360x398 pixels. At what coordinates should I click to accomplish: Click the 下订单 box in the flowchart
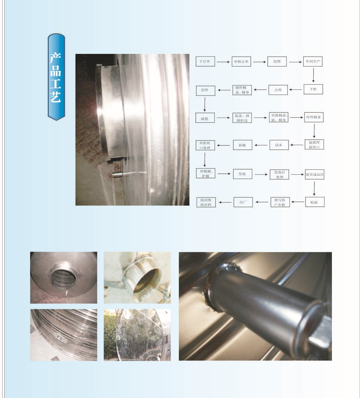pos(205,61)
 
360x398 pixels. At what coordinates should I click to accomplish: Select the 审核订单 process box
pos(241,61)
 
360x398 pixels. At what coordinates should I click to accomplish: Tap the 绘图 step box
pos(277,61)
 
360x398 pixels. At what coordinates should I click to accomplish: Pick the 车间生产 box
pos(313,61)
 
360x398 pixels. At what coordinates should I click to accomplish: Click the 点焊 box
pos(278,90)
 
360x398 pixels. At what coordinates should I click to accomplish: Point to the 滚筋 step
pos(205,118)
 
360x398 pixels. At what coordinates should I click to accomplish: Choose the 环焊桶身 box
pos(314,117)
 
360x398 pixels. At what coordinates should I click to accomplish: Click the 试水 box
pos(279,145)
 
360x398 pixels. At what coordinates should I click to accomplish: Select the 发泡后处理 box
pos(279,175)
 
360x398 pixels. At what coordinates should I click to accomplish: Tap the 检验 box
pos(315,202)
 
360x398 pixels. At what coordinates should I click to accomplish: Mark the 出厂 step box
pos(243,202)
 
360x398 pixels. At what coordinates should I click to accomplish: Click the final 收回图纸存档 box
pos(206,202)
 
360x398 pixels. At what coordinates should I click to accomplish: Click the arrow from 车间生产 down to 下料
pos(313,75)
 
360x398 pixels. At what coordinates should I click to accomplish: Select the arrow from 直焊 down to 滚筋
pos(205,104)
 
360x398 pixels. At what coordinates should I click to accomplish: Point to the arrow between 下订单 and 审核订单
pos(223,62)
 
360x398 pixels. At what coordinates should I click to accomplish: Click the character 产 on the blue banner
pos(55,58)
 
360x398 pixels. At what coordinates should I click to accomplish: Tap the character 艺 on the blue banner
pos(56,97)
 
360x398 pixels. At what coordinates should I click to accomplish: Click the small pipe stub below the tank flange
pos(118,174)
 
